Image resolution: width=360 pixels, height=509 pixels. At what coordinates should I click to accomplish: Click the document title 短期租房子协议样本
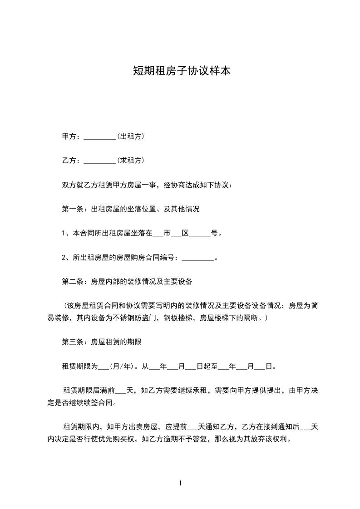180,71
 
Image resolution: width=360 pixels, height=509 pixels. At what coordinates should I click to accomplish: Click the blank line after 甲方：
100,137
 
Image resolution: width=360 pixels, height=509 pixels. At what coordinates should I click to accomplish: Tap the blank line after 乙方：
100,161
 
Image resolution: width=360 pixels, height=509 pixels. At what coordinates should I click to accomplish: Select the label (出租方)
131,137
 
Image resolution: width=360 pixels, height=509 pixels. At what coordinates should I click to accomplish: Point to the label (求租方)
131,161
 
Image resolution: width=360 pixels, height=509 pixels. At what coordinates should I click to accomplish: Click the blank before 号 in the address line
200,234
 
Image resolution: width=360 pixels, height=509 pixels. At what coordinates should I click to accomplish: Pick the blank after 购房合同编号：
197,258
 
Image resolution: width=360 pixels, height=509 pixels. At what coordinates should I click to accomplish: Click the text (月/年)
121,367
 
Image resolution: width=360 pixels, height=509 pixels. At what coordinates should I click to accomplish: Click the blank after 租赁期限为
104,367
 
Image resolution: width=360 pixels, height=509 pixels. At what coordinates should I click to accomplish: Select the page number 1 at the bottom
180,483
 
